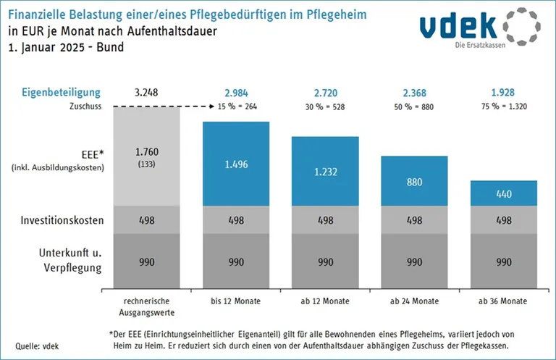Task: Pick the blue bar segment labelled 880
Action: click(x=414, y=180)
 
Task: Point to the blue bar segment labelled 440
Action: click(x=504, y=193)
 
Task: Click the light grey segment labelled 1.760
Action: click(x=147, y=156)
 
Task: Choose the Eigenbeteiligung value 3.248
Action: click(x=147, y=93)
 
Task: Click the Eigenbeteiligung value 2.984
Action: click(x=236, y=93)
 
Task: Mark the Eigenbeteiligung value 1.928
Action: click(x=504, y=93)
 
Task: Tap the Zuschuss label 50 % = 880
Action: click(x=414, y=106)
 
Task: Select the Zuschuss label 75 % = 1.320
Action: click(x=504, y=106)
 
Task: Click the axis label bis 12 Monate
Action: click(x=236, y=301)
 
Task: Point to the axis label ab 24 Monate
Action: click(x=414, y=301)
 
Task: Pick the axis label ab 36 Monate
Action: click(x=504, y=301)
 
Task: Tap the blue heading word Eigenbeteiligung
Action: click(x=61, y=93)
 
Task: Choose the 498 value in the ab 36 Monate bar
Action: click(x=504, y=220)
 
